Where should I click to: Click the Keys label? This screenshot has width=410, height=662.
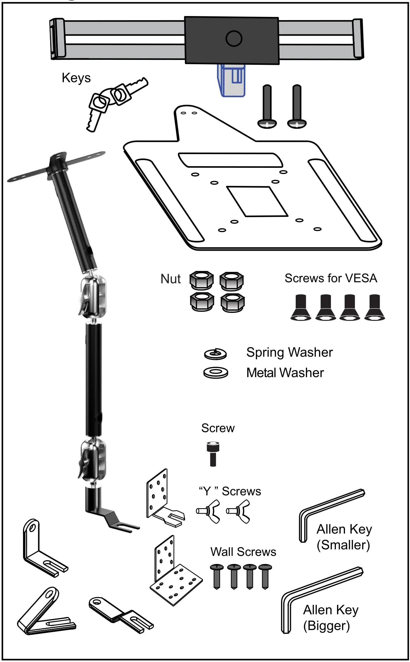tap(76, 78)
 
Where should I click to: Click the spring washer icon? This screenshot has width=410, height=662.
tap(215, 353)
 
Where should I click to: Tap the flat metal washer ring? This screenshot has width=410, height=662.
tap(215, 372)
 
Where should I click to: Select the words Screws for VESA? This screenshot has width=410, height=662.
tap(331, 278)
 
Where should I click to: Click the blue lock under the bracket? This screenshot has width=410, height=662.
tap(231, 80)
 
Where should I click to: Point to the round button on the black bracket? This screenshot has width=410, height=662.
tap(234, 38)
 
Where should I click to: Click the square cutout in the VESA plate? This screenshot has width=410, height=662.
tap(257, 201)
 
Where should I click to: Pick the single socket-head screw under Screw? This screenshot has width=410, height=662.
tap(213, 454)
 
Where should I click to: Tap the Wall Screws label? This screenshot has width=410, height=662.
tap(243, 552)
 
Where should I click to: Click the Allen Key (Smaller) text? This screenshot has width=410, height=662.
tap(344, 537)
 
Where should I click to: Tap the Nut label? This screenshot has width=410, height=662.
tap(171, 279)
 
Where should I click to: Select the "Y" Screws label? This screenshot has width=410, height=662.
tap(230, 492)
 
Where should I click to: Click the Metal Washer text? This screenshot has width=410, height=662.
tap(285, 373)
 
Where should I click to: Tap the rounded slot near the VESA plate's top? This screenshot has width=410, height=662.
tap(230, 160)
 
